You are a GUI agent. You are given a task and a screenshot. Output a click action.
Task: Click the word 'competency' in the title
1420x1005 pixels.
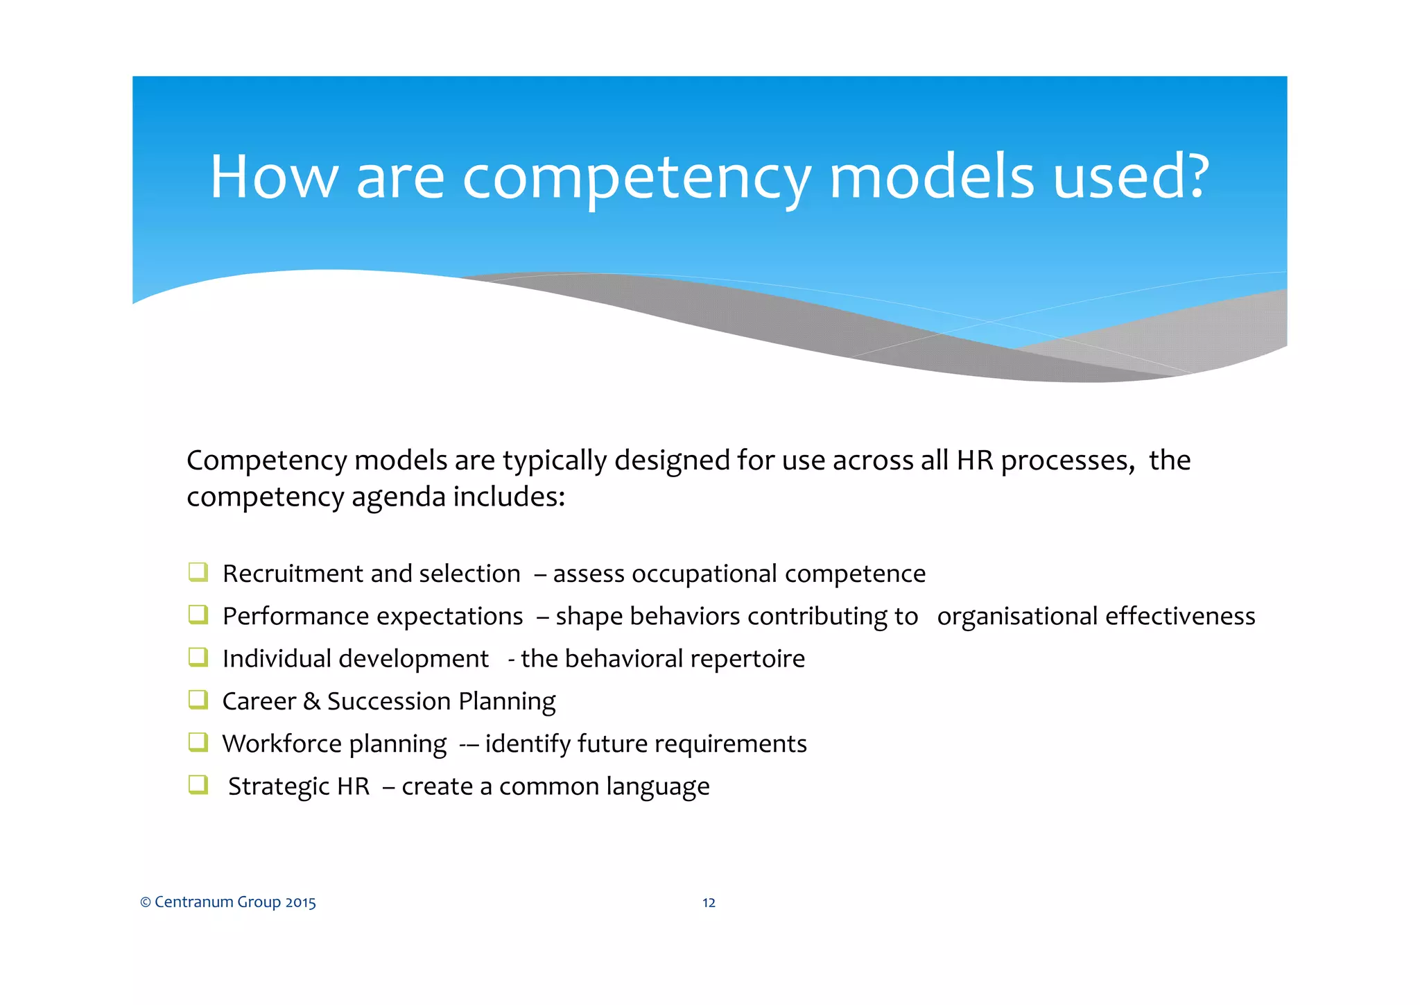point(636,179)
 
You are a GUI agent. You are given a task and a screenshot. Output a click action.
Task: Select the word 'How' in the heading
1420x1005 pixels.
point(274,177)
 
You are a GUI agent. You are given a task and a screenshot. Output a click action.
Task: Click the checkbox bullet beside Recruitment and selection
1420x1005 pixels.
point(198,572)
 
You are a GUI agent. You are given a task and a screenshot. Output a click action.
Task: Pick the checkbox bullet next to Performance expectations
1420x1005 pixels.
point(198,615)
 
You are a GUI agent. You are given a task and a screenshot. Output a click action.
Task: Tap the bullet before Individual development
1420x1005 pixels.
point(198,657)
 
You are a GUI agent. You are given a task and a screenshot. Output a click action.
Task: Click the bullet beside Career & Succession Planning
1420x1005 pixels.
point(198,699)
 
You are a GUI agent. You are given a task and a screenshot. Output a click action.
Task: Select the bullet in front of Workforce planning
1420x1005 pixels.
point(198,742)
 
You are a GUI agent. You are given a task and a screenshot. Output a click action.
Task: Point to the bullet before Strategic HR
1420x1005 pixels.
point(198,784)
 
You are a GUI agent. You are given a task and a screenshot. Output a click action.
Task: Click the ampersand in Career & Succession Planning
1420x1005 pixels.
point(311,701)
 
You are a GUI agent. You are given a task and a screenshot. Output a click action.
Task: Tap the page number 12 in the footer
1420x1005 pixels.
point(709,902)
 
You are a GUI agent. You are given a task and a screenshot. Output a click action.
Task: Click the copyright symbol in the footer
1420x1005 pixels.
point(146,902)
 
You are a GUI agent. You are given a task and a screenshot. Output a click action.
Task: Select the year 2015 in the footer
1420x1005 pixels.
point(300,902)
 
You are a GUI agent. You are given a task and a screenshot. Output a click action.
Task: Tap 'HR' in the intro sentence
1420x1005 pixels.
point(976,461)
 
